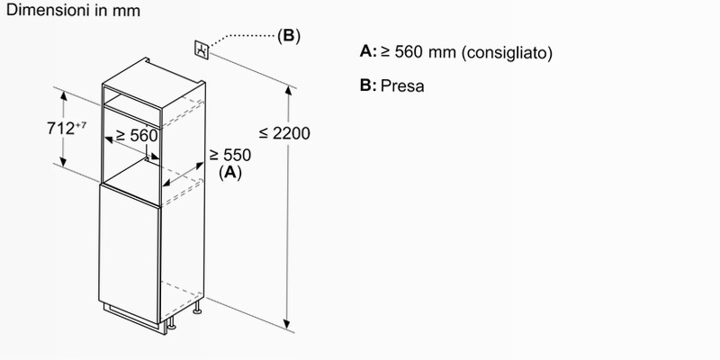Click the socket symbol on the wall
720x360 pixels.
202,49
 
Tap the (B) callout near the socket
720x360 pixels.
289,36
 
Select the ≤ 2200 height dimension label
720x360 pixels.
284,133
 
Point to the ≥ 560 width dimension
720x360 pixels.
137,136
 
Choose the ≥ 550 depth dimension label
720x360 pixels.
230,155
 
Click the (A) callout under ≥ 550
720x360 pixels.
230,173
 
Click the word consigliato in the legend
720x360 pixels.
507,53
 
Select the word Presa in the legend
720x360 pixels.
402,85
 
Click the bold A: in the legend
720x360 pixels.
368,52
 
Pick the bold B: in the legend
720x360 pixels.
368,85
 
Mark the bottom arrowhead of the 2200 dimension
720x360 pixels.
288,324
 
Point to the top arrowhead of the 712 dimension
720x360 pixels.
63,95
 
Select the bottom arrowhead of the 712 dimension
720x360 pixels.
63,161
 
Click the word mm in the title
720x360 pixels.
126,11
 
